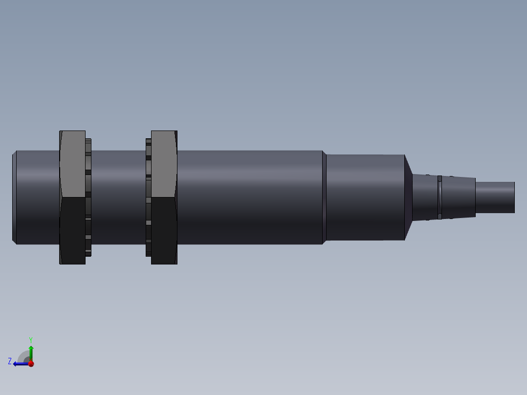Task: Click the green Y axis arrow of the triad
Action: click(31, 351)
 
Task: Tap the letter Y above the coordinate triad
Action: click(30, 339)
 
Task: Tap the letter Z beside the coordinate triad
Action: click(10, 361)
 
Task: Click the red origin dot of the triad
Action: click(31, 363)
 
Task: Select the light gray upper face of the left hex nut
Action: click(72, 164)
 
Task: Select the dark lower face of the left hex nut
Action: click(72, 230)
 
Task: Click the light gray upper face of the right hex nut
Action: click(164, 164)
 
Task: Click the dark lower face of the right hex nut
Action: click(164, 230)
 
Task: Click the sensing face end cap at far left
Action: click(14, 197)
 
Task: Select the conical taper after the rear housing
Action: click(408, 197)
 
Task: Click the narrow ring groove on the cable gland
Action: click(439, 197)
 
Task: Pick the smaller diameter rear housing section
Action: click(364, 197)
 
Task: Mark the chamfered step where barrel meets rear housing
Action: click(324, 197)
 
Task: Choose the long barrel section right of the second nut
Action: click(249, 197)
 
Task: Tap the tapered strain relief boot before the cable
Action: click(460, 197)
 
